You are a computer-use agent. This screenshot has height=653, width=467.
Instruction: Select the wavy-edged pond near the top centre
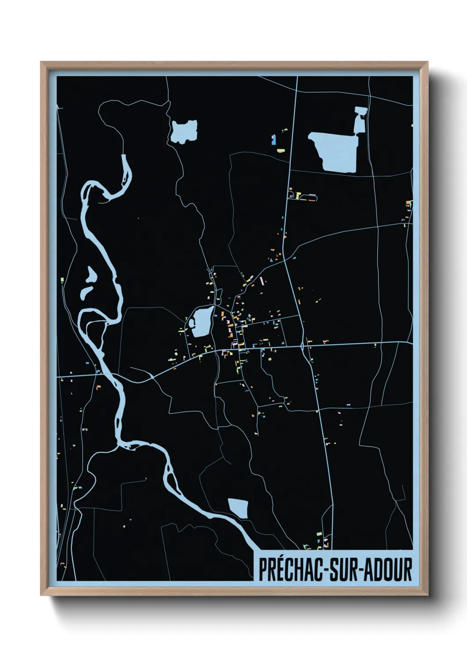pyautogui.click(x=184, y=131)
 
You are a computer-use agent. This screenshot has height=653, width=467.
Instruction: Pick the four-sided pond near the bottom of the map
pyautogui.click(x=238, y=508)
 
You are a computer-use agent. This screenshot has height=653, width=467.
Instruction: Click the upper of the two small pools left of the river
pyautogui.click(x=91, y=275)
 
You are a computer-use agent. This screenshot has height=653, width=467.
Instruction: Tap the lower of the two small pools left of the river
pyautogui.click(x=86, y=292)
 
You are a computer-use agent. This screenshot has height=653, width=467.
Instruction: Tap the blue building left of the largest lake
pyautogui.click(x=274, y=139)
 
